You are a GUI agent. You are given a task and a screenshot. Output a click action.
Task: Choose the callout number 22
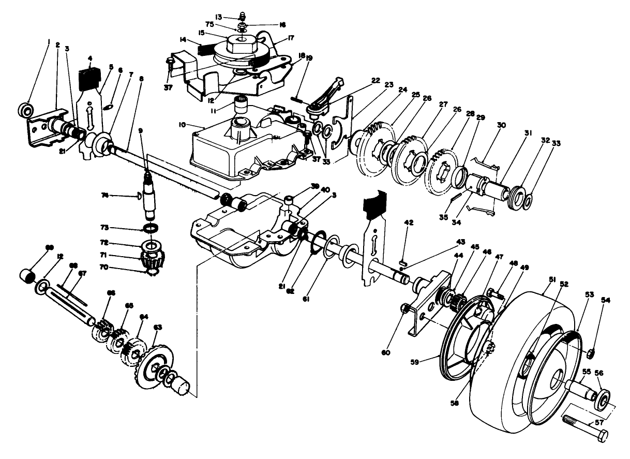tap(375, 80)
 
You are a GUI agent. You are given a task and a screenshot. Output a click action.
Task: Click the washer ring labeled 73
tap(151, 228)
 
